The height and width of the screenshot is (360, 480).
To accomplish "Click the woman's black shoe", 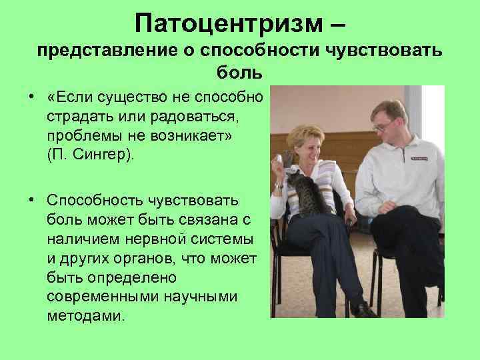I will pos(364,309).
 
